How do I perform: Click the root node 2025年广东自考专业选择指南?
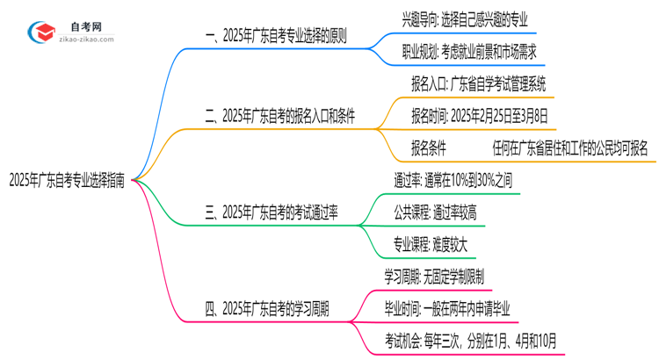click(x=66, y=183)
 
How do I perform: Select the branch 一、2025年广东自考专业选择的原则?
click(x=275, y=38)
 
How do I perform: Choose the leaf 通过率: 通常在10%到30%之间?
click(x=465, y=179)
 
